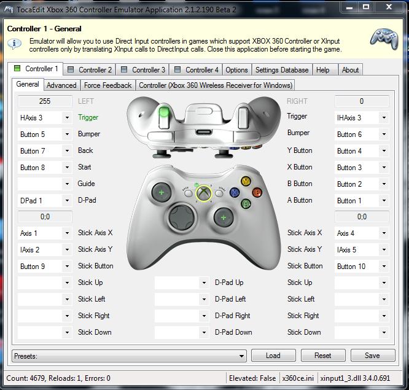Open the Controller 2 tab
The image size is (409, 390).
point(90,70)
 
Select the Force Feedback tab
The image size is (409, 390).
point(107,85)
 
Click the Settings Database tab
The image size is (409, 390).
point(282,70)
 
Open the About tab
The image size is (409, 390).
point(350,70)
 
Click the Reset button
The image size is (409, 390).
point(323,356)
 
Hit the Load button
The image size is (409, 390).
point(273,356)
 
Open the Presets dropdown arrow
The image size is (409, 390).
point(241,356)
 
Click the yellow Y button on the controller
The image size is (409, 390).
point(246,181)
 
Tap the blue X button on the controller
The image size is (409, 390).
point(235,192)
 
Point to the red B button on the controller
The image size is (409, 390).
point(257,192)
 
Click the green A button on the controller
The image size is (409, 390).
point(246,203)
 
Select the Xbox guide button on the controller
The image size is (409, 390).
point(204,193)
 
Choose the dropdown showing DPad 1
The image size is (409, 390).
point(45,201)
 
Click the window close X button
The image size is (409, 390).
point(389,7)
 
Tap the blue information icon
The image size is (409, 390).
point(14,44)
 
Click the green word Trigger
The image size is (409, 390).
point(88,117)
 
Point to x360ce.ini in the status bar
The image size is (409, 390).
point(298,378)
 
